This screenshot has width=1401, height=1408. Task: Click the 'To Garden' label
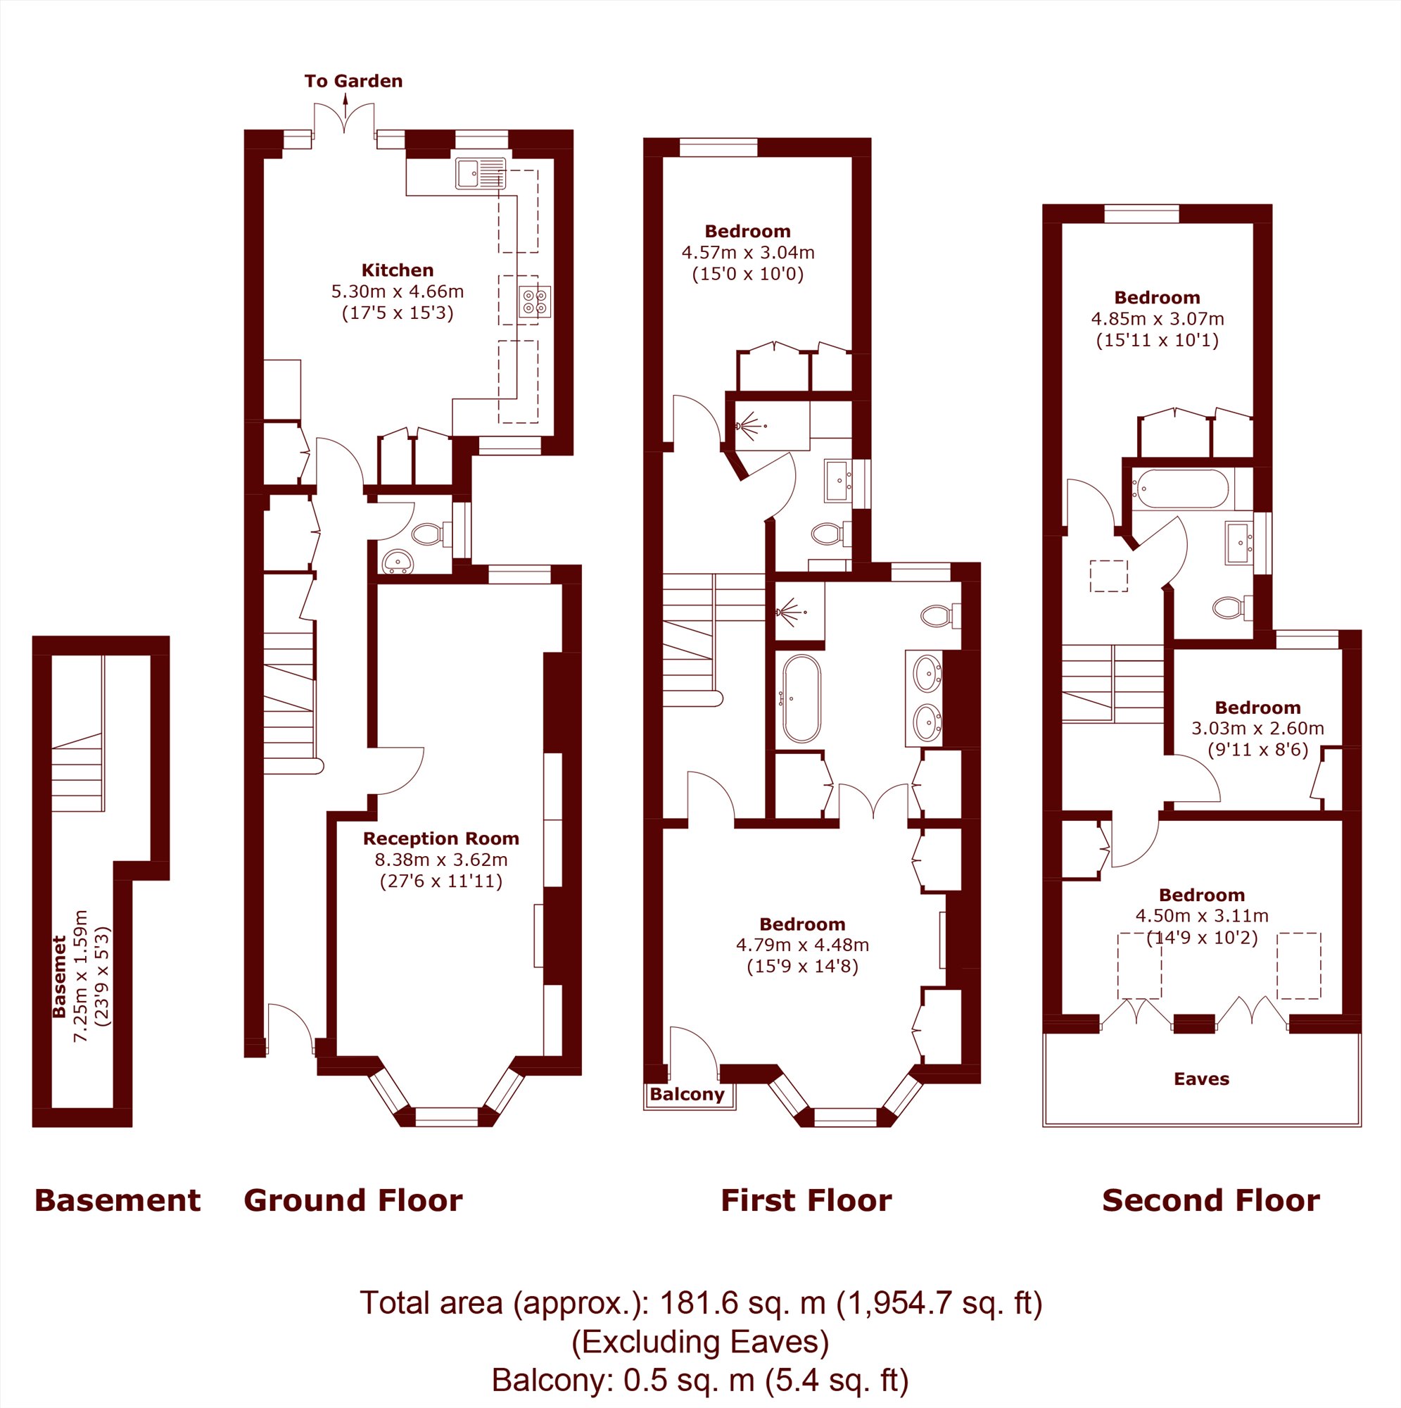point(353,81)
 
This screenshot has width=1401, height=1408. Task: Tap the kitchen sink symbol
point(480,173)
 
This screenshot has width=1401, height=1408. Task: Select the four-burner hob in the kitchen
point(535,302)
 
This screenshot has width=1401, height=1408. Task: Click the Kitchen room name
point(397,270)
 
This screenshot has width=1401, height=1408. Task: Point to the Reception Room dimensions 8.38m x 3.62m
point(440,860)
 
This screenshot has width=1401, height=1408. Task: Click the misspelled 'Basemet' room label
point(59,976)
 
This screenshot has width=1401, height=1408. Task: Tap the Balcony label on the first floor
point(687,1095)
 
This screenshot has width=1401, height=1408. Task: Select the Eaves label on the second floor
point(1201,1079)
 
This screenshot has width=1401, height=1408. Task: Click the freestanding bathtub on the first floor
point(801,699)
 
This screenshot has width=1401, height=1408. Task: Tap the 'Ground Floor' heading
point(353,1200)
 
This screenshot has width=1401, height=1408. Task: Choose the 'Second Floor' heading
point(1211,1200)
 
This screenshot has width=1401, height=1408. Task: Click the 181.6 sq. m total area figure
point(742,1302)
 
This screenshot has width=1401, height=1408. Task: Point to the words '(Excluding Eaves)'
point(700,1341)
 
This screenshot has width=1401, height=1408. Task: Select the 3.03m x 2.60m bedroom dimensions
point(1257,728)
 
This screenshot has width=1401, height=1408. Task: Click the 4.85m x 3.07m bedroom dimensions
point(1157,318)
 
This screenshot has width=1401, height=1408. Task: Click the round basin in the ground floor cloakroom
point(398,561)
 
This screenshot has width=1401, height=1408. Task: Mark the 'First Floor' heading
point(806,1200)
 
